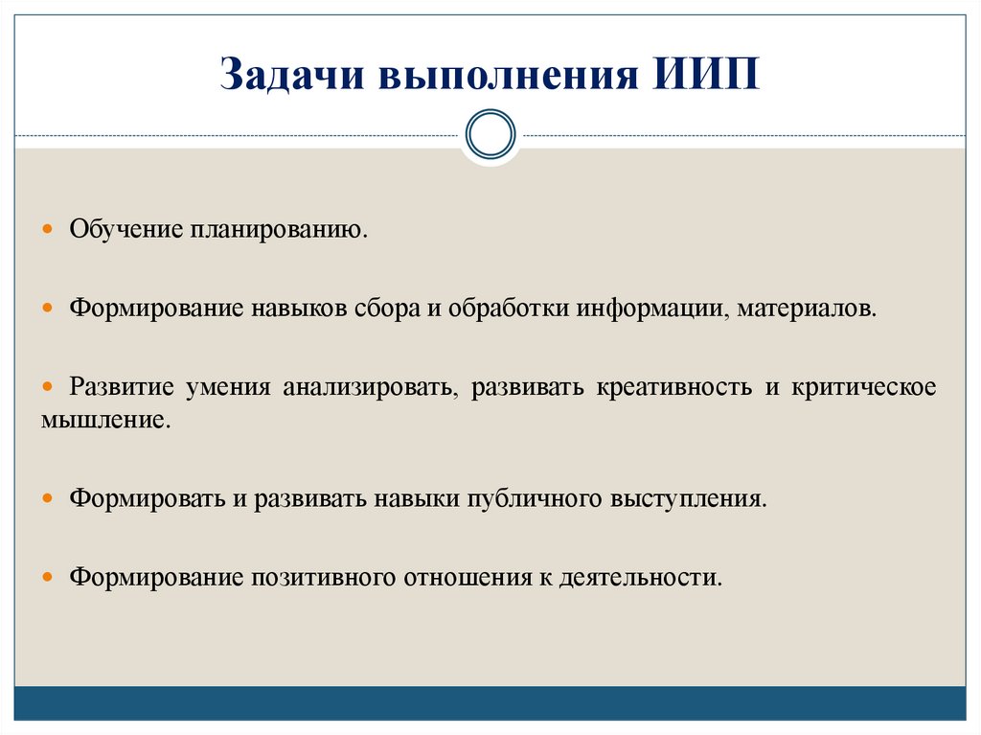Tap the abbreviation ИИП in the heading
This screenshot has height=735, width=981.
tap(707, 76)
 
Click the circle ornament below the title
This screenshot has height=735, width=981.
tap(490, 133)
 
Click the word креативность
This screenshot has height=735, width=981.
tap(673, 388)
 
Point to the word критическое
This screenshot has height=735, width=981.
tap(864, 388)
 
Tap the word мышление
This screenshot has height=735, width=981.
tap(105, 420)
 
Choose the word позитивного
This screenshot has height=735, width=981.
tap(325, 578)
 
